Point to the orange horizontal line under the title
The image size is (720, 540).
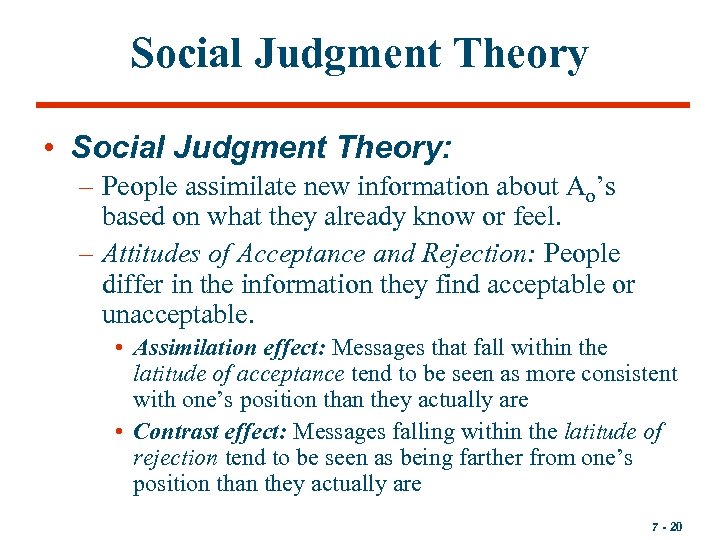pos(362,105)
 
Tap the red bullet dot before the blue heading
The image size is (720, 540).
pos(48,149)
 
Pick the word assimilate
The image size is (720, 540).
pos(233,187)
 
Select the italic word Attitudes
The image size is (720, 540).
pos(150,254)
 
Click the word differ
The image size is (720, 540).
pos(129,285)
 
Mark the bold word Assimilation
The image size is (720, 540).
pos(189,348)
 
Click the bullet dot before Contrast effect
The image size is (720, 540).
pos(119,433)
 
